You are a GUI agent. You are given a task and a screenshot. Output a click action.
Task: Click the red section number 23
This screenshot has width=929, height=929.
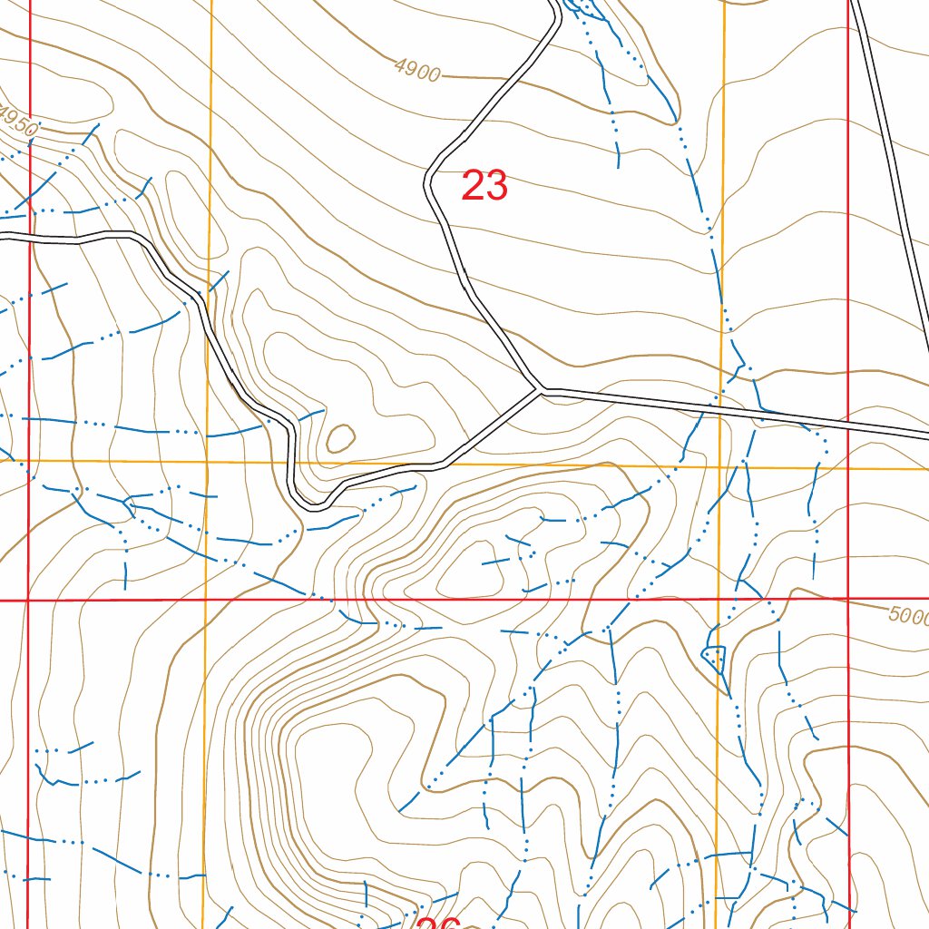484,186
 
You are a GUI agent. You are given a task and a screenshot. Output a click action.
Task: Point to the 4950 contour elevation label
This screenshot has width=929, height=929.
18,122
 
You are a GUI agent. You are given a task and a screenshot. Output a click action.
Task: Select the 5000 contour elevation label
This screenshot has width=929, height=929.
908,616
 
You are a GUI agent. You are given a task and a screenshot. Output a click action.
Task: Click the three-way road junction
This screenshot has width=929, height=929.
542,391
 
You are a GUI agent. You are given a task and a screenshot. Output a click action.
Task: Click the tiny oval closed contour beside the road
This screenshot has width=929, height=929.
340,439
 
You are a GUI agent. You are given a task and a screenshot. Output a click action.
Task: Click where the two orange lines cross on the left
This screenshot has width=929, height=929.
208,462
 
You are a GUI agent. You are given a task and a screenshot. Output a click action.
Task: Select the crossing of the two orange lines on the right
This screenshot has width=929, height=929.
722,467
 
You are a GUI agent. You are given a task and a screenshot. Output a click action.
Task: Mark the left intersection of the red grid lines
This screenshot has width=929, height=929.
28,600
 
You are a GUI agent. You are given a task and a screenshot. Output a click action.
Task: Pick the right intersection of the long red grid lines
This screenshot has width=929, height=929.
847,600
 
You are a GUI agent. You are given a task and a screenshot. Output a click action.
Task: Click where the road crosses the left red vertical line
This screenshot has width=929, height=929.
30,238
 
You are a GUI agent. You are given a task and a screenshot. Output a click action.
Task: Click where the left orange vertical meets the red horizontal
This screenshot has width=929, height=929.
206,600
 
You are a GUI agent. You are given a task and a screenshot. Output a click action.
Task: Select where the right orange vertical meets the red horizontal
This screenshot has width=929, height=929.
719,600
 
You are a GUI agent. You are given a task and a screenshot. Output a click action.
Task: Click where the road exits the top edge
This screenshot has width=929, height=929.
554,4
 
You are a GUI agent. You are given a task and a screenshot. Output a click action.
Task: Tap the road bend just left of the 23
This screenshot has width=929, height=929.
428,181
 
